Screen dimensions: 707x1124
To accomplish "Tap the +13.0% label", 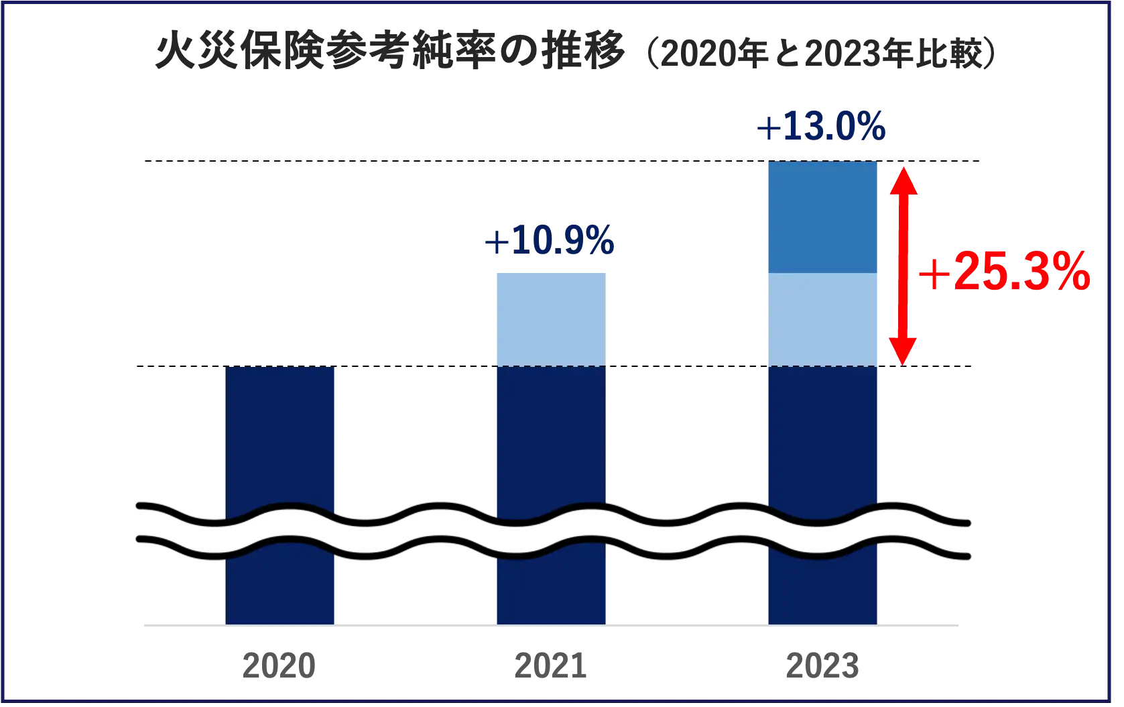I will (822, 127).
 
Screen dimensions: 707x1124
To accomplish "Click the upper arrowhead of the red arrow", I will (902, 180).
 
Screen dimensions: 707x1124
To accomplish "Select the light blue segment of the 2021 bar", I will (550, 318).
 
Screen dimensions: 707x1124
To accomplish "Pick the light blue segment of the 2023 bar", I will (822, 319).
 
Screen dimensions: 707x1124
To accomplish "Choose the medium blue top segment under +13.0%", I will (822, 217).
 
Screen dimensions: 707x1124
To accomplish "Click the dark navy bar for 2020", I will (280, 436).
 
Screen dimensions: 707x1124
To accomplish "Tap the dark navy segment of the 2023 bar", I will (822, 436).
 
